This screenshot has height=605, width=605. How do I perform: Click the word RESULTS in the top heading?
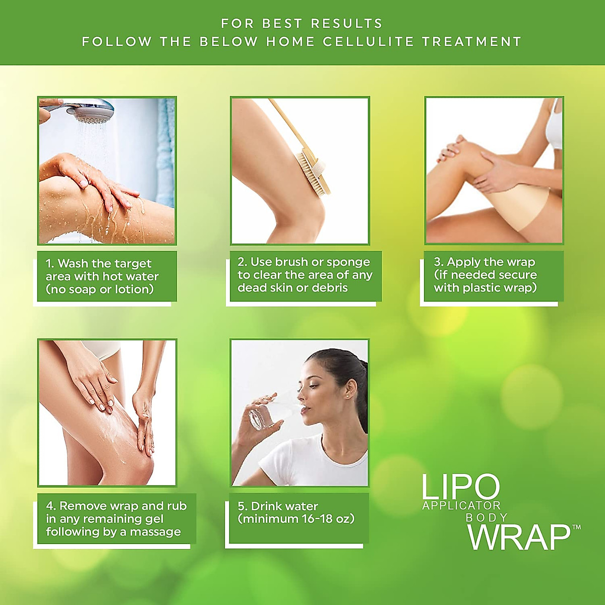click(x=346, y=23)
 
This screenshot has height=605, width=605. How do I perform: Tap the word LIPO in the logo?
click(x=460, y=487)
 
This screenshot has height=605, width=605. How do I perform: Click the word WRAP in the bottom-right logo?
click(x=519, y=537)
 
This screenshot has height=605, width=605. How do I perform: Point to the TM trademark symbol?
click(x=576, y=527)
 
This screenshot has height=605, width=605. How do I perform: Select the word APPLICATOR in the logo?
click(x=461, y=506)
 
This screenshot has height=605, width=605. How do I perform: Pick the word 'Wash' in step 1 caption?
click(x=73, y=264)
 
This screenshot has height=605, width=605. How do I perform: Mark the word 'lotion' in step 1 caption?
click(x=134, y=289)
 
